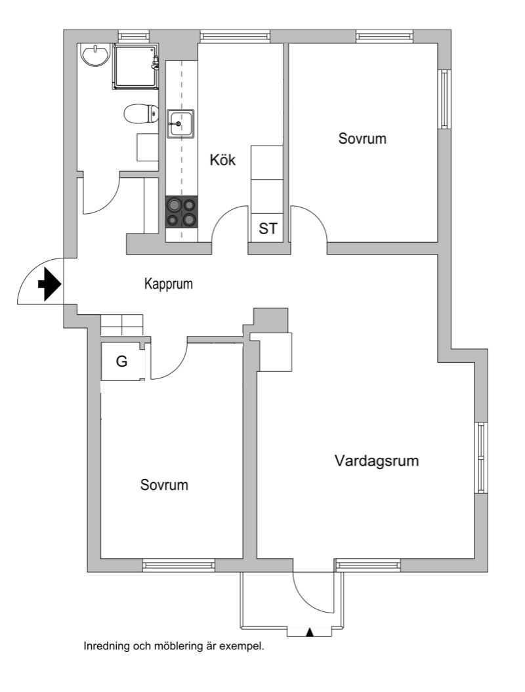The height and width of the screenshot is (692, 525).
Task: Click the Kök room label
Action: (222, 160)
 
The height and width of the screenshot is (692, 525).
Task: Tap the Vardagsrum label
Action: (376, 460)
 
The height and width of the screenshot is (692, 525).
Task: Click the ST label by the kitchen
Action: (268, 229)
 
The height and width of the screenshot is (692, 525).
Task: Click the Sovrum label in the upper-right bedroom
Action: (362, 139)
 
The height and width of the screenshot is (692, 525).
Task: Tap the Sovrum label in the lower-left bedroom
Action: (164, 485)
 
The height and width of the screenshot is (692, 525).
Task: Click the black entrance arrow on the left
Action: (49, 285)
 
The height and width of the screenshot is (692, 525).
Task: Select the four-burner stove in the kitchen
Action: (181, 212)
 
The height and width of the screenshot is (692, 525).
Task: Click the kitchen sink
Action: (179, 123)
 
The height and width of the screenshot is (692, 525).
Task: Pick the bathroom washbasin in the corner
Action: (96, 55)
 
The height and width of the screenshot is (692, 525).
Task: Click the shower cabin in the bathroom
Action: (135, 66)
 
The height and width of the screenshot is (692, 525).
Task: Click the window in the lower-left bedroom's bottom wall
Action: (178, 565)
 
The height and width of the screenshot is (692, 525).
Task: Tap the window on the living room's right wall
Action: (481, 458)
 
